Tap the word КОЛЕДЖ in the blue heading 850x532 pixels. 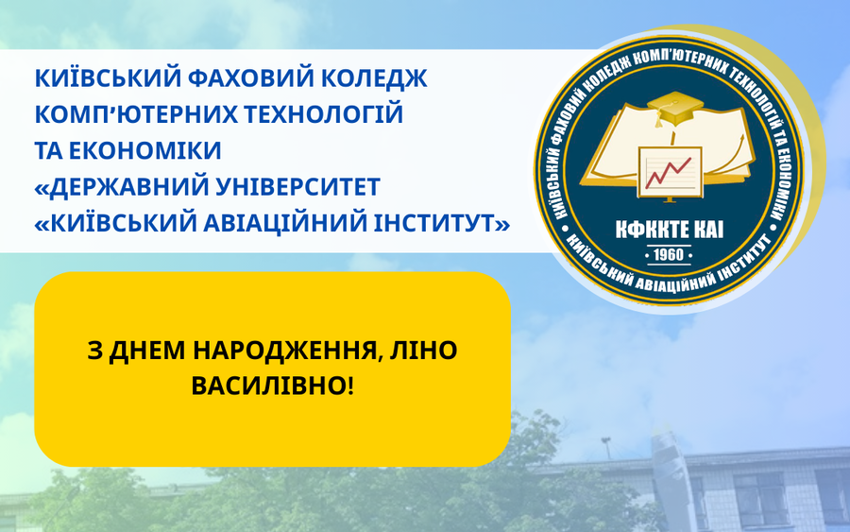pos(375,79)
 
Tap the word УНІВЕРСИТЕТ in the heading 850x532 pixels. pos(297,187)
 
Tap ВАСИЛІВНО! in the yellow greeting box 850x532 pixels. pos(272,386)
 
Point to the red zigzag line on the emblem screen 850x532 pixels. pos(668,173)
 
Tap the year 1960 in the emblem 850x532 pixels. pos(669,254)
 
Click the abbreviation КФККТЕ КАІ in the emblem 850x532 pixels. pos(670,230)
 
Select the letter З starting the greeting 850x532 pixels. pos(94,351)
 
